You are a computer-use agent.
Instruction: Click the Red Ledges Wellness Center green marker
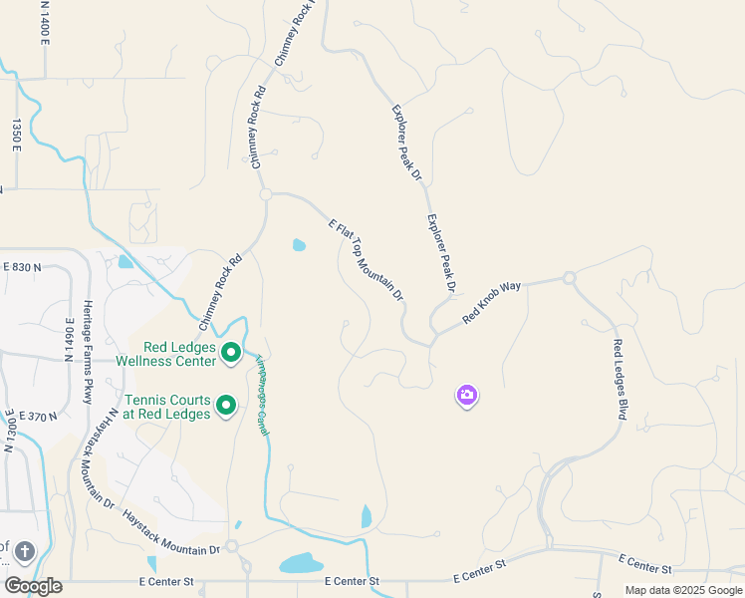231,352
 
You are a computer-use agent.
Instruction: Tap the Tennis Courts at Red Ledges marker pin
226,405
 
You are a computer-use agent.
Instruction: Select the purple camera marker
467,396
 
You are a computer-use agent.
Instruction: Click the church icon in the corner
24,551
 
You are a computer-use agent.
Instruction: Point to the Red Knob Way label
492,303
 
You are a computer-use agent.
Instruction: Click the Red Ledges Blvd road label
619,379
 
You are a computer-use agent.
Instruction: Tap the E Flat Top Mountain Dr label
367,259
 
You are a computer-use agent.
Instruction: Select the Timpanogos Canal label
263,395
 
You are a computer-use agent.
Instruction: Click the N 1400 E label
45,20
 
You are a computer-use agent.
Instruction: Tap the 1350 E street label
16,136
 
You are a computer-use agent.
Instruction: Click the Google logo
32,586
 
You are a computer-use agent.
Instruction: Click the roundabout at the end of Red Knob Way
569,278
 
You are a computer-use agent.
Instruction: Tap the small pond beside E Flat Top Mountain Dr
299,245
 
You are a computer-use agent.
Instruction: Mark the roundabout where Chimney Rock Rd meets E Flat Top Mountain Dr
266,195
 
